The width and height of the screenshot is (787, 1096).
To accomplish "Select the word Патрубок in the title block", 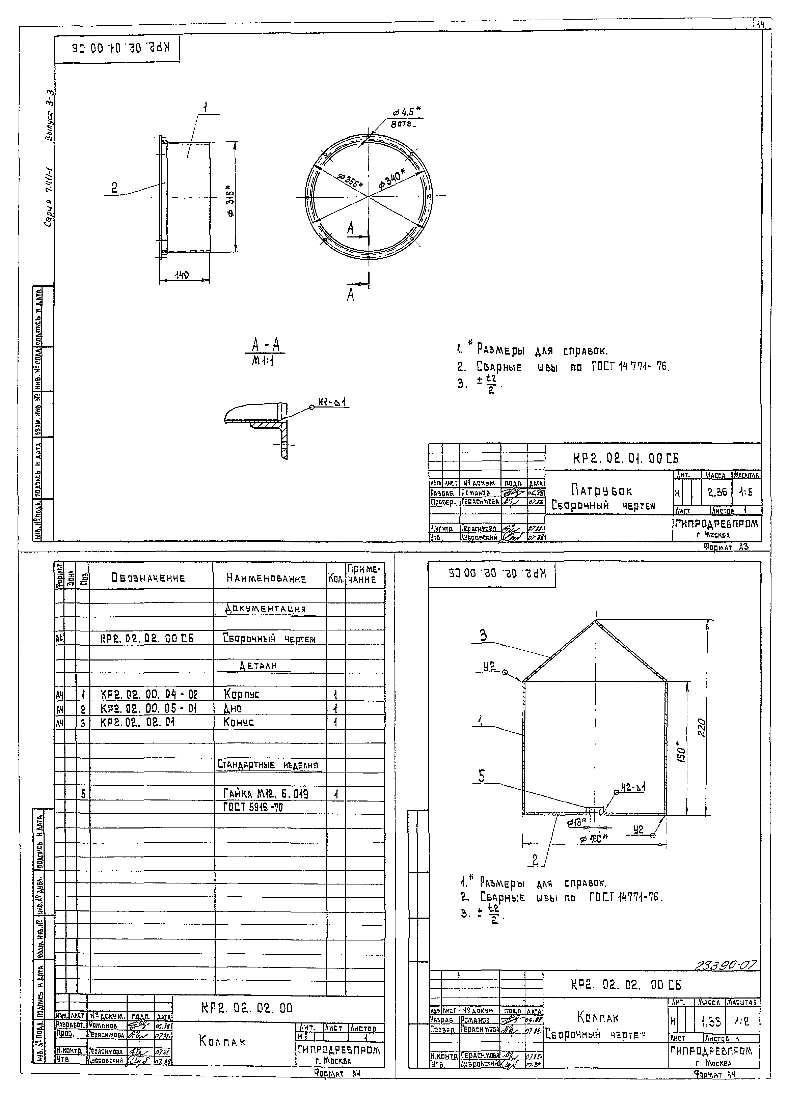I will coord(601,490).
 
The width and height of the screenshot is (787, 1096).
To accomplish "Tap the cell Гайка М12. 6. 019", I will coord(266,793).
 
